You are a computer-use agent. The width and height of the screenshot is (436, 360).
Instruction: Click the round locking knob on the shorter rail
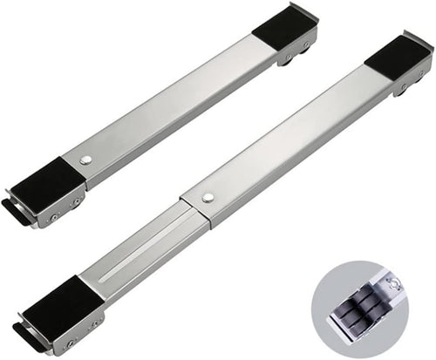(85, 160)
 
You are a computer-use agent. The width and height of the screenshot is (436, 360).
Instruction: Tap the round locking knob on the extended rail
(208, 199)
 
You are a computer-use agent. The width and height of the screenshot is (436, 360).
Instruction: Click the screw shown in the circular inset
(394, 282)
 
